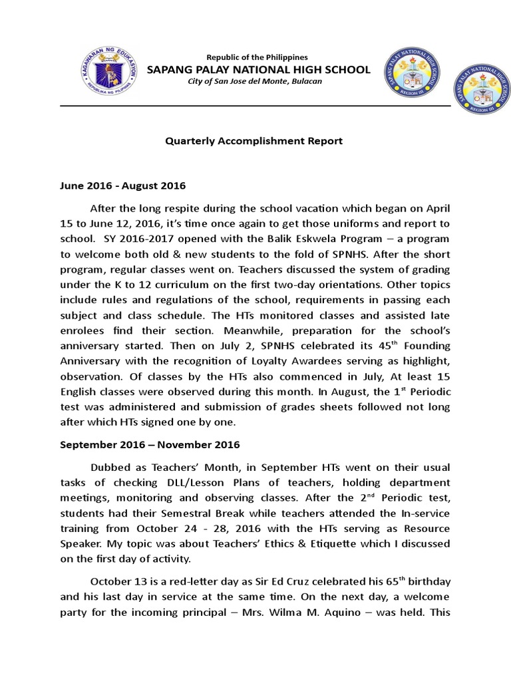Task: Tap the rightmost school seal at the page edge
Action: coord(482,92)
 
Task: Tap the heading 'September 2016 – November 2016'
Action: coord(141,444)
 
